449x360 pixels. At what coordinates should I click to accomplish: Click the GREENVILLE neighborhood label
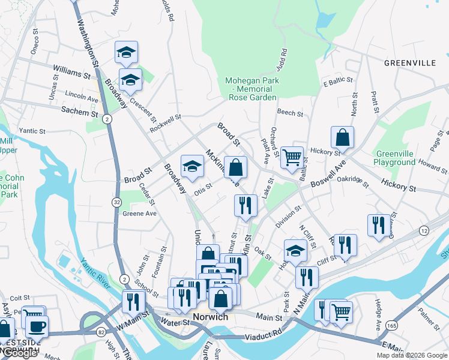[x=410, y=62]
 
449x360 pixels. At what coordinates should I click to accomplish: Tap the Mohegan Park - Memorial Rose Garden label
[x=252, y=89]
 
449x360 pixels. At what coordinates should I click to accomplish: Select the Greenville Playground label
[x=394, y=158]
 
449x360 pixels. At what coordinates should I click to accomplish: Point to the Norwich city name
[x=210, y=317]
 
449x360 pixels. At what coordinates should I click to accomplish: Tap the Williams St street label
[x=71, y=72]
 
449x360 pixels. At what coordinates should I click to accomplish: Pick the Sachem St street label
[x=79, y=111]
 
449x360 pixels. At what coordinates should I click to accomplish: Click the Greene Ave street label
[x=139, y=213]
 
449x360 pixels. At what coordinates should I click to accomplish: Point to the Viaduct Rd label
[x=262, y=332]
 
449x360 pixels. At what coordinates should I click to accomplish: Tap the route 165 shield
[x=391, y=325]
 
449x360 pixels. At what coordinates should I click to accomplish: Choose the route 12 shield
[x=424, y=230]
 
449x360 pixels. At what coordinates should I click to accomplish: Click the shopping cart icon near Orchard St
[x=292, y=157]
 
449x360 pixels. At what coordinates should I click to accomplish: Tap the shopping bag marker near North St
[x=342, y=137]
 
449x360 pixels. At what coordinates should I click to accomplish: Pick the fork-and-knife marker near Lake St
[x=246, y=205]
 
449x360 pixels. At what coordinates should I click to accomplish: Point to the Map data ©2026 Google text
[x=412, y=355]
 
